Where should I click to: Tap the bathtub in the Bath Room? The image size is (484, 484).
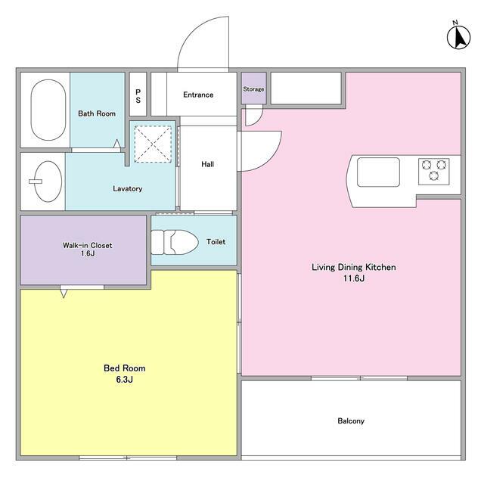(48, 110)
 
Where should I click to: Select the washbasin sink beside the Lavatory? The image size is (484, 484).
(47, 181)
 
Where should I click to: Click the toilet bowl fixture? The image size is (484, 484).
(175, 242)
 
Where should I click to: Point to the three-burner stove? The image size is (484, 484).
(433, 172)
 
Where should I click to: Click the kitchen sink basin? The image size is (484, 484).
(378, 172)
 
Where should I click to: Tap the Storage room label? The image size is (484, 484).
(253, 89)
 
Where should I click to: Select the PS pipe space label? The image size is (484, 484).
(138, 96)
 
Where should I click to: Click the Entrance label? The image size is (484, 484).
(198, 95)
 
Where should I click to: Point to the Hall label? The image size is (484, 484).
(207, 164)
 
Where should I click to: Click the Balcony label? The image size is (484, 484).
(351, 420)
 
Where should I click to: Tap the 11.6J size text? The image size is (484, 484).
(354, 278)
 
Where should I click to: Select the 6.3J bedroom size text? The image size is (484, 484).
(124, 380)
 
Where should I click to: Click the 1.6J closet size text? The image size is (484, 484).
(88, 254)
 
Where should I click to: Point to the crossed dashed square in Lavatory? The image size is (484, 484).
(153, 144)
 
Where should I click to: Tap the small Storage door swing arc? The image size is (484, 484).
(259, 119)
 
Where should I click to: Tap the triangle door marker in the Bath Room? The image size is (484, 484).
(117, 144)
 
